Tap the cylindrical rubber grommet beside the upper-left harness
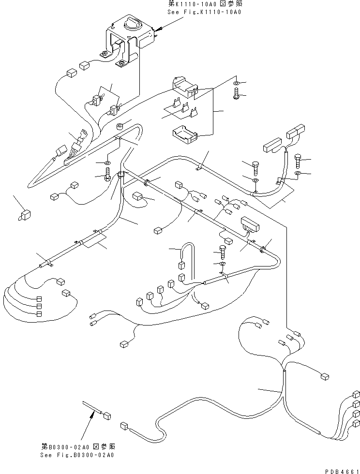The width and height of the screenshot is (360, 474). (120, 128)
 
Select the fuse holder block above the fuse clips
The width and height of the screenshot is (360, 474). (184, 86)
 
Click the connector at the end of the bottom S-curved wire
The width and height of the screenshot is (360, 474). (124, 426)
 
